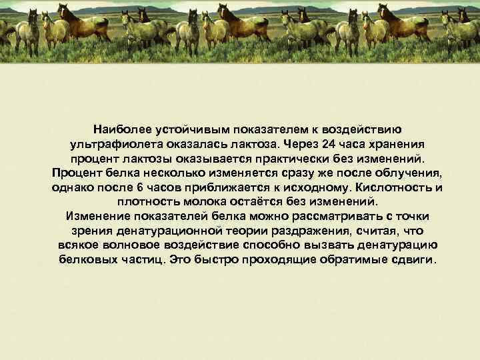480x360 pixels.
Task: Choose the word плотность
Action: pyautogui.click(x=145, y=202)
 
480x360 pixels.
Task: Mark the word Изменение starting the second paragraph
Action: pyautogui.click(x=98, y=217)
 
